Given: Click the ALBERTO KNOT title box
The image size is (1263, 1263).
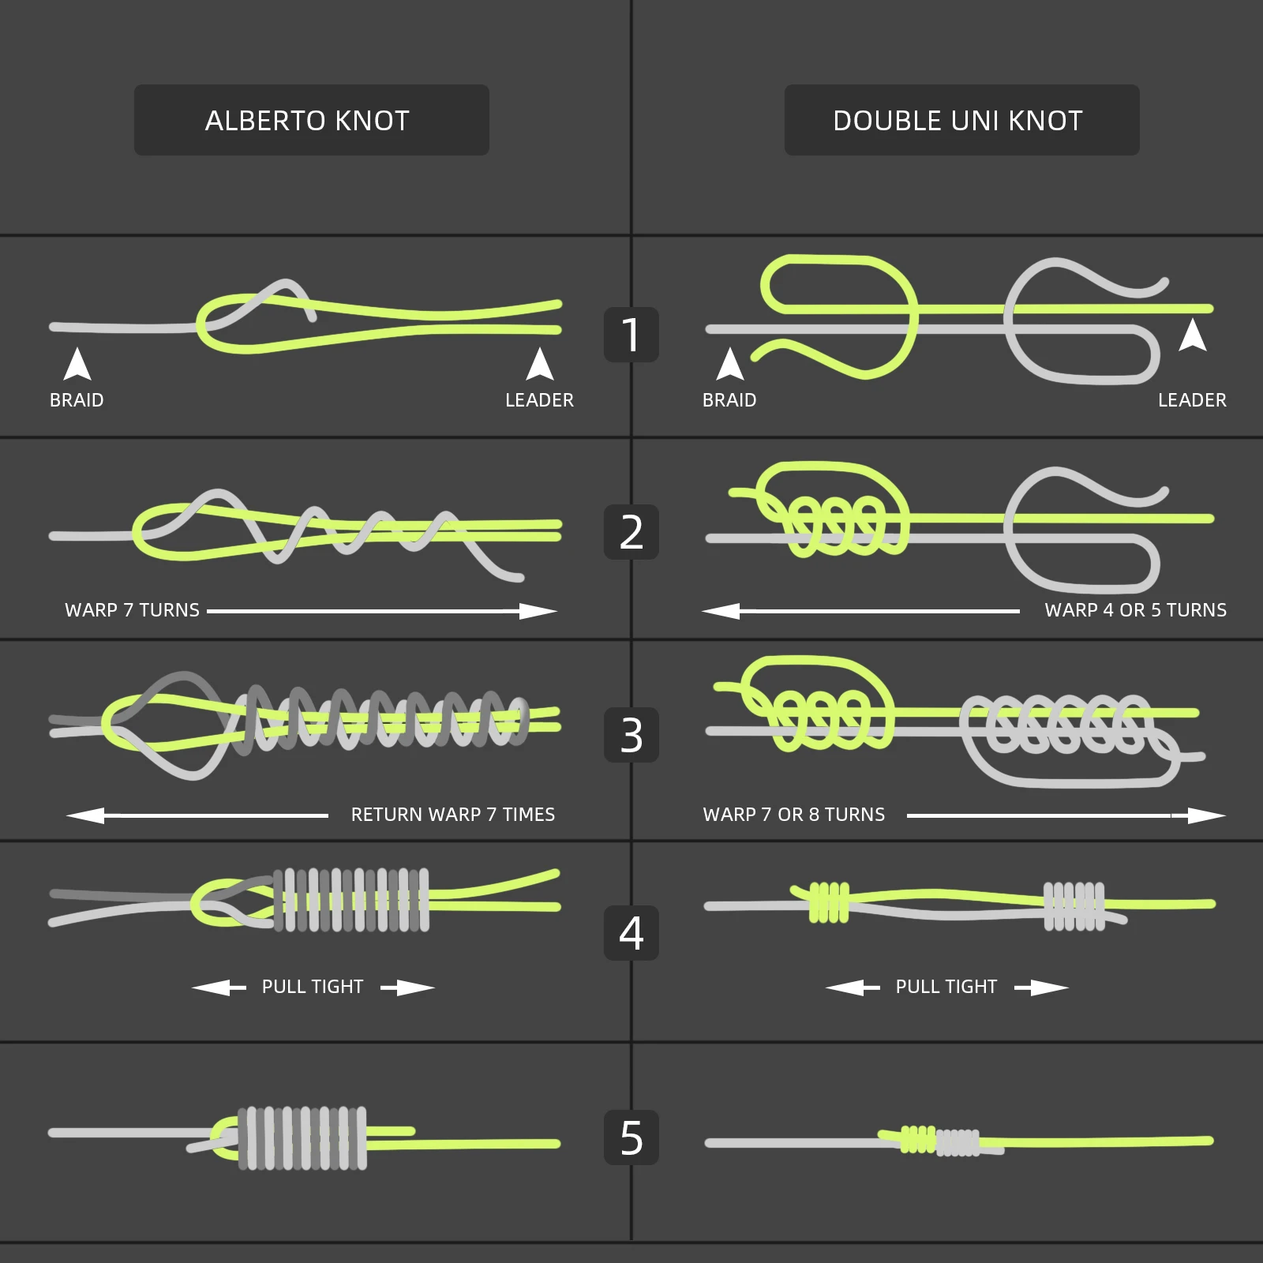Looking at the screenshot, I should [x=311, y=120].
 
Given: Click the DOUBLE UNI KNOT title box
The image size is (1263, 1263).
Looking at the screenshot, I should [x=961, y=120].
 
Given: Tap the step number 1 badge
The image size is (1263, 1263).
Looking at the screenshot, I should [x=631, y=335].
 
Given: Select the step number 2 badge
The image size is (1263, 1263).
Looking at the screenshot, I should [x=631, y=532].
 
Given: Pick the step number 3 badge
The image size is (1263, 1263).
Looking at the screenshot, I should [x=631, y=735].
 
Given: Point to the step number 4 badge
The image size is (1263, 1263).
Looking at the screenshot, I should [x=631, y=933].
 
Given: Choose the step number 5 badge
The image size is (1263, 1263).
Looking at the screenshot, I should [x=631, y=1137].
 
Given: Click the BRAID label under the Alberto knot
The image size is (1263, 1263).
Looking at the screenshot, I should [x=77, y=400].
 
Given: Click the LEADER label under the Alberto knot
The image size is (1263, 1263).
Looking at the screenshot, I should [x=539, y=400].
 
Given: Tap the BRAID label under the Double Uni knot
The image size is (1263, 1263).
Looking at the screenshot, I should [x=729, y=400].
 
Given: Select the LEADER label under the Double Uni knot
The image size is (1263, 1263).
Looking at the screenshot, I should [x=1192, y=400].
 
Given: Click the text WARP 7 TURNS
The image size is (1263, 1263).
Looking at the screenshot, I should [x=132, y=610].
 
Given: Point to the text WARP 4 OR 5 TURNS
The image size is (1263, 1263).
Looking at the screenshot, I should [x=1135, y=610].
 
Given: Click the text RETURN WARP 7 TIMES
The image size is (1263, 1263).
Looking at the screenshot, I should [x=452, y=815].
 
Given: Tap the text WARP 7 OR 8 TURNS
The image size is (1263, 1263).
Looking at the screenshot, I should [x=793, y=815].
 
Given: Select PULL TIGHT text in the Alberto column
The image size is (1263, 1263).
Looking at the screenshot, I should [x=313, y=987].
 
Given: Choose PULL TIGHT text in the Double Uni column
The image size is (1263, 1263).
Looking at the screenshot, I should [x=946, y=987].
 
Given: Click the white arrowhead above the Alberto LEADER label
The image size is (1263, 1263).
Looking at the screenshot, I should [x=540, y=364].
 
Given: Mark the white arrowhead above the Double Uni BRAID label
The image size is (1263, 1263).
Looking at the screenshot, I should [x=730, y=364].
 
